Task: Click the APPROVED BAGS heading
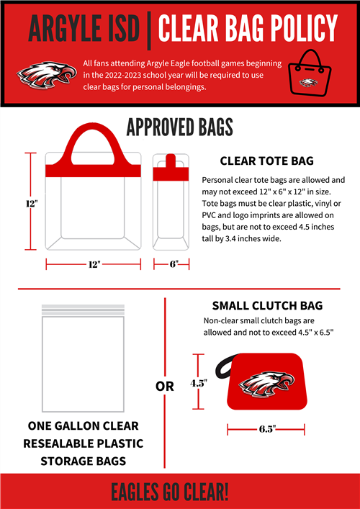click(x=179, y=127)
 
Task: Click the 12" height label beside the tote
click(x=31, y=204)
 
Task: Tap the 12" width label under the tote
click(x=93, y=264)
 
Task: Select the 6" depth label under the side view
click(x=173, y=264)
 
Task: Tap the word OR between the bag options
click(x=165, y=387)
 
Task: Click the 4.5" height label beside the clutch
click(x=199, y=384)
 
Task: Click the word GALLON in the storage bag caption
click(x=86, y=425)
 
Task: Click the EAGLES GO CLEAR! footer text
click(x=179, y=492)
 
